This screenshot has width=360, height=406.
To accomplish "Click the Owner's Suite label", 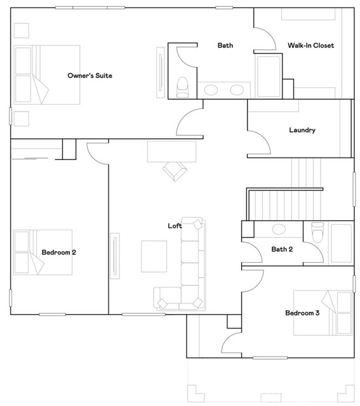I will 90,76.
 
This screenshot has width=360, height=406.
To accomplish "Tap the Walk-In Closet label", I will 310,46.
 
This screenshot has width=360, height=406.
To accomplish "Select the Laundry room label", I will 302,130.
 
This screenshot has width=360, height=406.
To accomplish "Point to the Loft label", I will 175,226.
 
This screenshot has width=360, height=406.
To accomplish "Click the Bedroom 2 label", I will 59,252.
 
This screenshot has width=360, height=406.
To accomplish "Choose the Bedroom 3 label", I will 302,313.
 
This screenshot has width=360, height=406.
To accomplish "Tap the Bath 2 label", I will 282,249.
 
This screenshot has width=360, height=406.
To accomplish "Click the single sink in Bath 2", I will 279,230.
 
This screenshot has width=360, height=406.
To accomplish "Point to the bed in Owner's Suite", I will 47,74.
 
